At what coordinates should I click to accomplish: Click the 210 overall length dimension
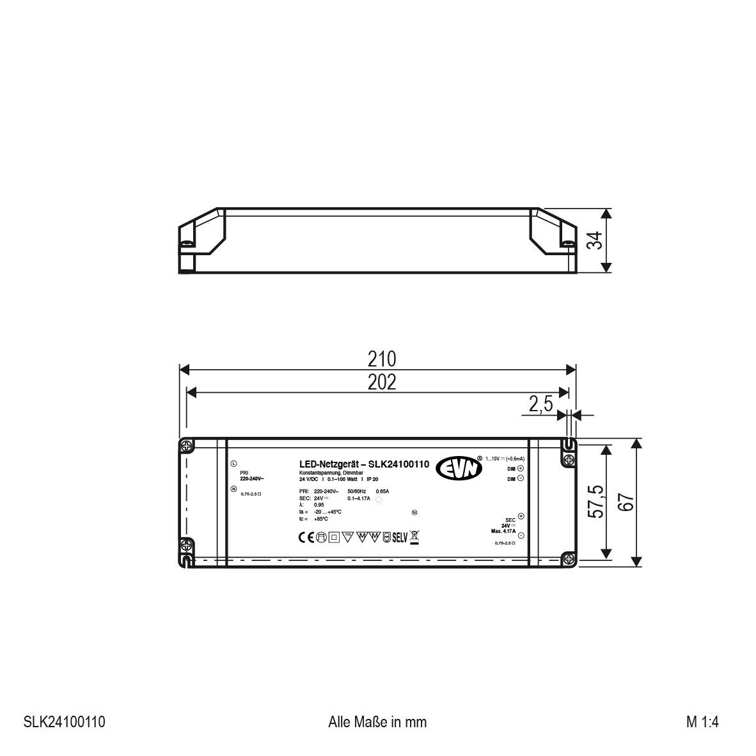click(x=382, y=359)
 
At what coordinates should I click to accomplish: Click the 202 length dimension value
click(x=382, y=382)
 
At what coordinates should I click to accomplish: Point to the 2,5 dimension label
click(x=540, y=405)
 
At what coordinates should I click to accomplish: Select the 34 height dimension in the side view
click(x=595, y=240)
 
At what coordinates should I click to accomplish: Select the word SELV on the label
click(x=400, y=538)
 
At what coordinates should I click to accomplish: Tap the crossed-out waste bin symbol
click(x=414, y=538)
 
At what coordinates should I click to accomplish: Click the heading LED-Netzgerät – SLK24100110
click(x=364, y=464)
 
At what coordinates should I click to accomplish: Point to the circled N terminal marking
click(x=233, y=489)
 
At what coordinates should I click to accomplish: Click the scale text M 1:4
click(x=703, y=722)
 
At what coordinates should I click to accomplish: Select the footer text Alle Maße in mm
click(x=377, y=722)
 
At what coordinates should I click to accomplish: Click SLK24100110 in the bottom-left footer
click(x=64, y=722)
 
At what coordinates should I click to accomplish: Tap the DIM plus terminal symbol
click(x=520, y=468)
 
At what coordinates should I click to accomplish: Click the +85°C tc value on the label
click(x=321, y=519)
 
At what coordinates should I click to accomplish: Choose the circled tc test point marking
click(x=414, y=512)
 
